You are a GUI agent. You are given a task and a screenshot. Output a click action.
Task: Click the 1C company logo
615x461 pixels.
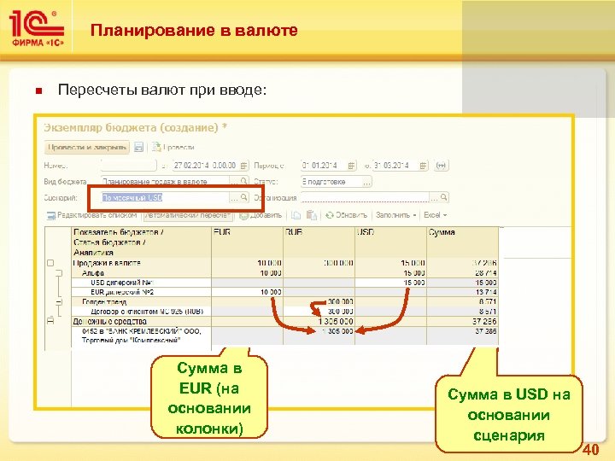37,30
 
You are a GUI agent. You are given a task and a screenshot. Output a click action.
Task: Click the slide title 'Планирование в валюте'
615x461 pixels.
194,31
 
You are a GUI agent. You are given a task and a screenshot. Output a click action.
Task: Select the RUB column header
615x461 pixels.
296,232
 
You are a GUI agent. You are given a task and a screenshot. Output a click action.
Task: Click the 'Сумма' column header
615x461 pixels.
442,232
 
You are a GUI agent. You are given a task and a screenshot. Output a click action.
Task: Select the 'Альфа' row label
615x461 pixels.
94,272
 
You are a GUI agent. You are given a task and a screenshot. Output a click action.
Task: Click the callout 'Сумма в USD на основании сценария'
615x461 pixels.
508,415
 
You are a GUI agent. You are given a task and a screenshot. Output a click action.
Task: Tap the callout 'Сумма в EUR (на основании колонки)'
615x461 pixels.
209,398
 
